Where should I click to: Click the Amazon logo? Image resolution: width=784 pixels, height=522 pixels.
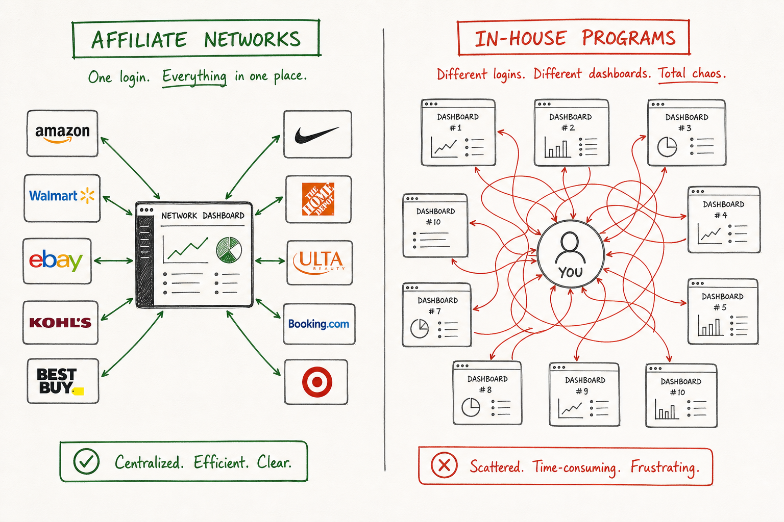(62, 134)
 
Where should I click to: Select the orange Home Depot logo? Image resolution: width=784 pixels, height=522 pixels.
(318, 199)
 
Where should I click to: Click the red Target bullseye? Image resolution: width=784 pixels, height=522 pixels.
(317, 382)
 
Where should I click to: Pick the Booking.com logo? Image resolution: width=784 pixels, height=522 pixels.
(318, 324)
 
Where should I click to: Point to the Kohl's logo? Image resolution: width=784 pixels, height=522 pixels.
(60, 323)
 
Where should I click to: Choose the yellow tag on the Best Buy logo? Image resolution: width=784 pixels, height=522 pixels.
(78, 391)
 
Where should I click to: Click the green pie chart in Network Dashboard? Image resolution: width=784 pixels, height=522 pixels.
(229, 250)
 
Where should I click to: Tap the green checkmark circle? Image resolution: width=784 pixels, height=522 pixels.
(86, 461)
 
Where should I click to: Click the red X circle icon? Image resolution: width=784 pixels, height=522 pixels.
(444, 465)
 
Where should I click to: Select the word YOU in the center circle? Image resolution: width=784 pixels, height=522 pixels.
(571, 272)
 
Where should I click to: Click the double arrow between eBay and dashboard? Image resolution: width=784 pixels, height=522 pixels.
(113, 260)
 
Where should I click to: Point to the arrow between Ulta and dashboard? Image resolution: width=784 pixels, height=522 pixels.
(270, 260)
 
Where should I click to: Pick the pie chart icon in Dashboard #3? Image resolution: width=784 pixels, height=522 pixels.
(667, 147)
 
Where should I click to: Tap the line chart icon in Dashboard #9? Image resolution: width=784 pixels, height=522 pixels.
(571, 408)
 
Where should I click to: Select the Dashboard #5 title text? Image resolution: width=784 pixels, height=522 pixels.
(722, 302)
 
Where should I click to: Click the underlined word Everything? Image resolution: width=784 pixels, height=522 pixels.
(194, 76)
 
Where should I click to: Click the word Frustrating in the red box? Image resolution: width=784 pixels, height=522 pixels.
(665, 467)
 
